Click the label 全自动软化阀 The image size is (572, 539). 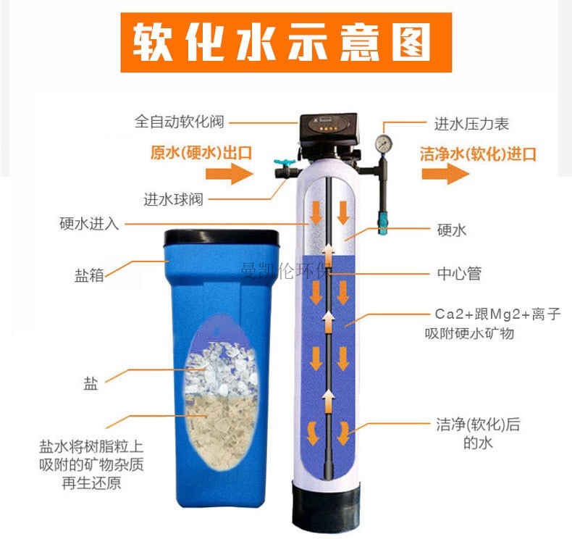tap(179, 122)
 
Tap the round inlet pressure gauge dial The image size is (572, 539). tap(384, 143)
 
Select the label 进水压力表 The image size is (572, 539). tap(471, 124)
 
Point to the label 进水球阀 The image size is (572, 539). tap(173, 200)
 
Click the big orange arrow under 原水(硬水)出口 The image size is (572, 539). tap(230, 174)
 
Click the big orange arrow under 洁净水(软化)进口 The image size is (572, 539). tap(445, 174)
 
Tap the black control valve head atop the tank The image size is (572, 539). tap(328, 130)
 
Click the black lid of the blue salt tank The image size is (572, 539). tap(222, 238)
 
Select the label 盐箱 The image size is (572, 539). tap(89, 275)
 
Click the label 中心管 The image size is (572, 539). tap(459, 273)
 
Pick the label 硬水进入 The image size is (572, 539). tap(89, 223)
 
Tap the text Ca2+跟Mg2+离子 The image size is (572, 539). tap(497, 314)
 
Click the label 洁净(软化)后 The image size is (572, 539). tap(478, 425)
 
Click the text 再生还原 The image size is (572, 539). tap(91, 483)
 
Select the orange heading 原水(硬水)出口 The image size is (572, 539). tap(201, 153)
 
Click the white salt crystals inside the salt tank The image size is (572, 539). tap(220, 369)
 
